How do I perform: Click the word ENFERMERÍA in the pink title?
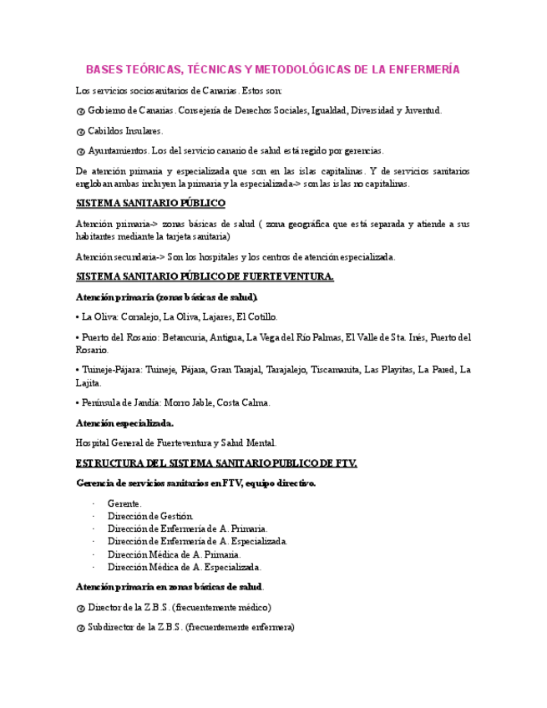(x=424, y=69)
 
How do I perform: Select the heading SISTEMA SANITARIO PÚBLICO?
(x=150, y=203)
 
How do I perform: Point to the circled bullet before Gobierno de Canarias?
(x=80, y=111)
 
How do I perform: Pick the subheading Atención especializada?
(x=124, y=423)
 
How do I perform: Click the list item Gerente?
(x=124, y=503)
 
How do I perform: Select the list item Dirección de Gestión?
(x=150, y=516)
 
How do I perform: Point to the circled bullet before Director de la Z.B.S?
(x=80, y=608)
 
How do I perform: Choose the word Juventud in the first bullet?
(x=423, y=110)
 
